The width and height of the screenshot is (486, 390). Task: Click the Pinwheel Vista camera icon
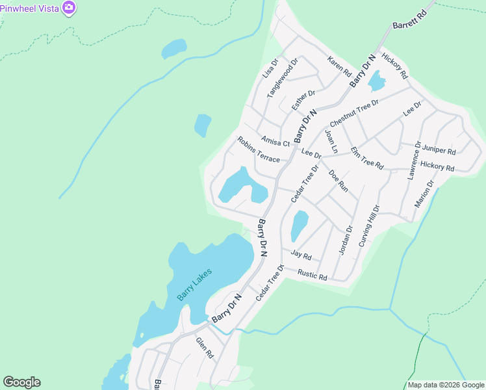69,8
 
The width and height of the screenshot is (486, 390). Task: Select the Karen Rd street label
339,65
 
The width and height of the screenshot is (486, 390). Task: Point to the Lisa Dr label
270,68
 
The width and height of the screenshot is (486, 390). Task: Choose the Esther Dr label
303,99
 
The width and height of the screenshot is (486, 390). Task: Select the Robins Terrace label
258,149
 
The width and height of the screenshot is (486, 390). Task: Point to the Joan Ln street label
331,142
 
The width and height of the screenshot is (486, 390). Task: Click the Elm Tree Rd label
367,158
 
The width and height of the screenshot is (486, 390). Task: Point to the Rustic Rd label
312,275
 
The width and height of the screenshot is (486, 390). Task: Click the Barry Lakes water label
194,283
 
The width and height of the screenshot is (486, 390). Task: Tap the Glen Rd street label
205,348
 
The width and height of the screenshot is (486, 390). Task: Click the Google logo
21,382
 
